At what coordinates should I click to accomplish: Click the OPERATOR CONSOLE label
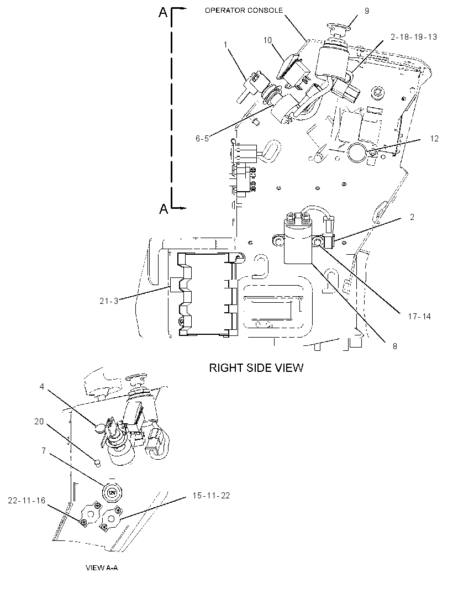tap(244, 10)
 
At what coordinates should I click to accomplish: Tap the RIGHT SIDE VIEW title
tap(256, 367)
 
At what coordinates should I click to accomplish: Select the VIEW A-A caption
tap(102, 567)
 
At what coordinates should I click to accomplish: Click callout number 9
tap(367, 11)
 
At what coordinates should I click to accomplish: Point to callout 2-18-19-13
tap(414, 37)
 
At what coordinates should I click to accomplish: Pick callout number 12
tap(434, 139)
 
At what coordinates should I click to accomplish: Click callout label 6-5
tap(202, 139)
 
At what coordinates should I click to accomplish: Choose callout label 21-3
tap(109, 301)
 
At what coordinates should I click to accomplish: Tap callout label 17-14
tap(419, 316)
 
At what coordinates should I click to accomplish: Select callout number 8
tap(395, 346)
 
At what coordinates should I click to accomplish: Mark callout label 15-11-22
tap(211, 496)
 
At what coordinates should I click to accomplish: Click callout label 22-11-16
tap(27, 501)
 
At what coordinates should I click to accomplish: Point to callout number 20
tap(39, 422)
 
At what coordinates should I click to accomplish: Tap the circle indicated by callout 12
tap(357, 152)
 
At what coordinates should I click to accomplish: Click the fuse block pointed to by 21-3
tap(204, 294)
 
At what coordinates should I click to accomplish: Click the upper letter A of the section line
tap(162, 12)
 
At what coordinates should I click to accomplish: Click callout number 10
tap(267, 40)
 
